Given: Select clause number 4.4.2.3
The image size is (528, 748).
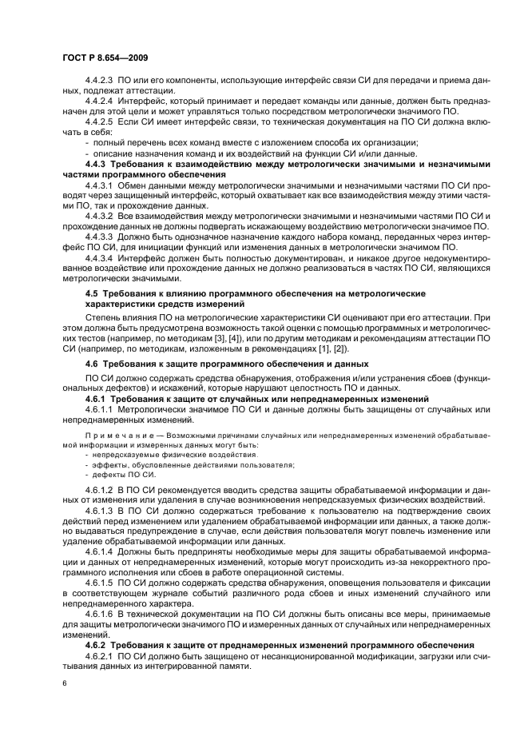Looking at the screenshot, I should click(x=99, y=82).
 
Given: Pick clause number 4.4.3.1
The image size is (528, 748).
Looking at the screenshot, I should click(x=99, y=185).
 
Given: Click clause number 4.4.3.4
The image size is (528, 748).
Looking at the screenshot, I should click(x=99, y=258).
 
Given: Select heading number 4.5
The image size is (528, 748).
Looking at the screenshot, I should click(x=92, y=294).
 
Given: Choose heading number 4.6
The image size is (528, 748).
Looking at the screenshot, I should click(x=92, y=364).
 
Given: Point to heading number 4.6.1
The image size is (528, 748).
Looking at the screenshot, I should click(x=95, y=398).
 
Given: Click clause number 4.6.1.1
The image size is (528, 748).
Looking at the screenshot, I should click(x=99, y=409).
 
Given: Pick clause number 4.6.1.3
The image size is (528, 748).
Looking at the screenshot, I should click(x=99, y=508).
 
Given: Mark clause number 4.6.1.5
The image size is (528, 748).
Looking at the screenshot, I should click(x=99, y=583).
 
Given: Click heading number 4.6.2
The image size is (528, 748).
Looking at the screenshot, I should click(x=95, y=644).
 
